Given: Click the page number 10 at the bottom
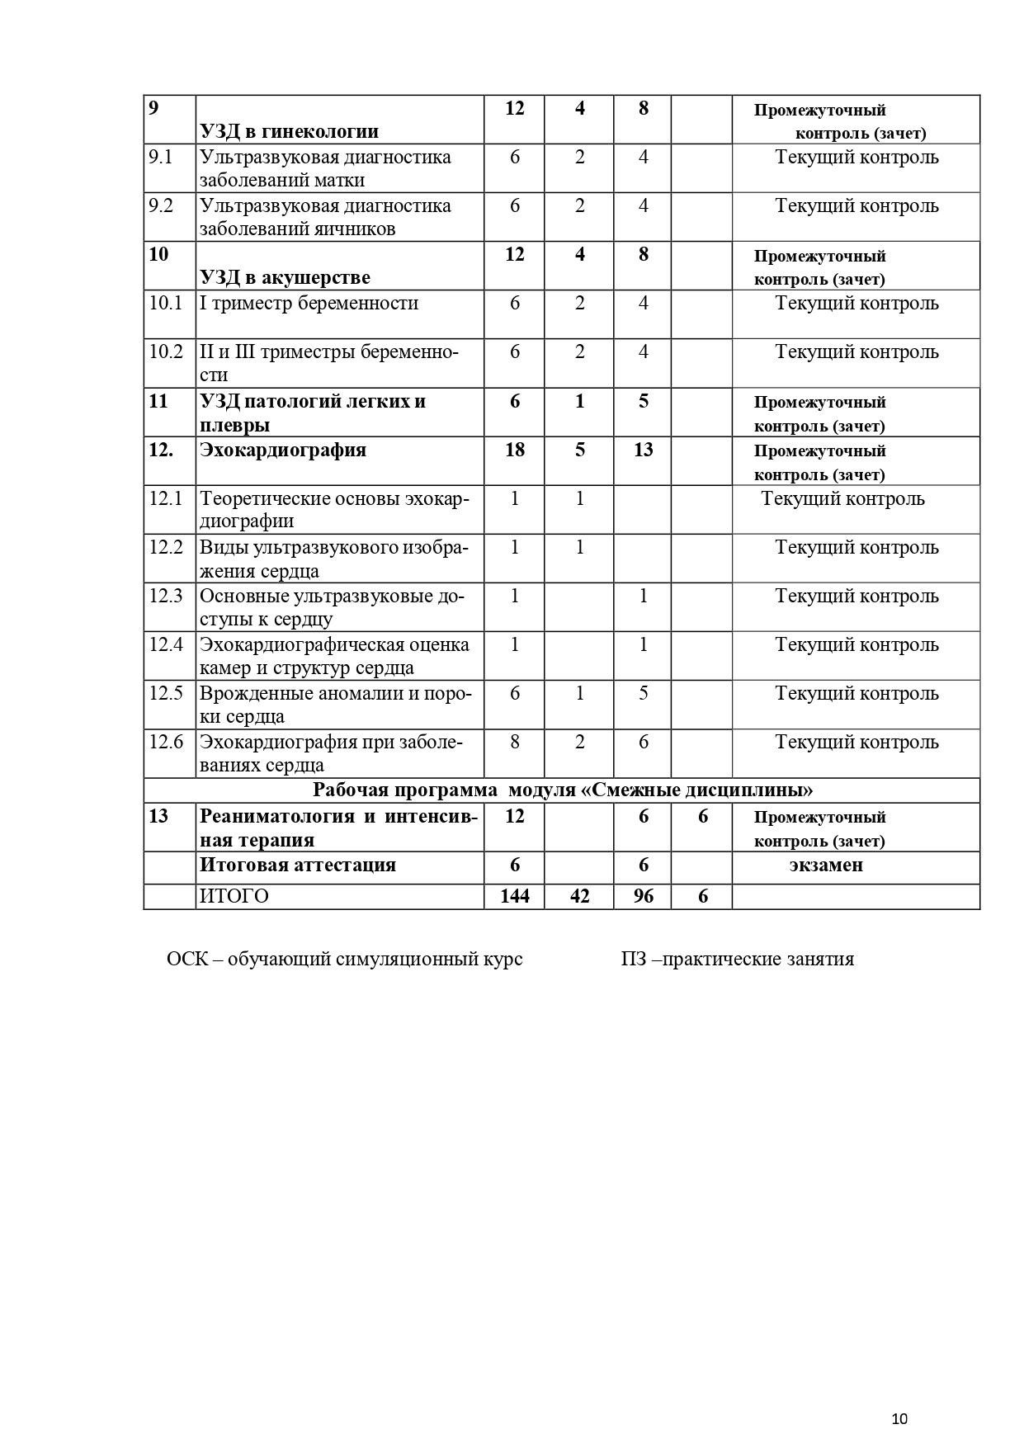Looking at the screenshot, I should click(x=899, y=1418).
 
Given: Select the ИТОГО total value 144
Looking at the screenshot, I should click(x=515, y=896).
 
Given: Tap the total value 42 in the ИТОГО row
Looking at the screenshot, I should click(x=579, y=896).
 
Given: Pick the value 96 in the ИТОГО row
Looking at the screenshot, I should click(x=643, y=896).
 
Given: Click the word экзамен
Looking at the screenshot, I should click(x=826, y=865).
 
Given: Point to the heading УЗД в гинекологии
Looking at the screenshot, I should click(x=289, y=131).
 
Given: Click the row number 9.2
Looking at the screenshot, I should click(x=162, y=205).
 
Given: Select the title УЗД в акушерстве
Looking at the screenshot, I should click(x=285, y=277).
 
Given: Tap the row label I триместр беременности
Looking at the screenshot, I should click(x=309, y=303).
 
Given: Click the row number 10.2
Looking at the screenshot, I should click(x=166, y=351).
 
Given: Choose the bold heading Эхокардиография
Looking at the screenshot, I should click(x=283, y=450).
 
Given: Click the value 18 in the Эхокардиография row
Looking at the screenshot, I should click(x=515, y=450).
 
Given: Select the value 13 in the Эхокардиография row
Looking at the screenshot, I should click(x=643, y=450).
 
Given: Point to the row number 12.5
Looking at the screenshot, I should click(x=166, y=693).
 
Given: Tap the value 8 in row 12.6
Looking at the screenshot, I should click(x=515, y=742).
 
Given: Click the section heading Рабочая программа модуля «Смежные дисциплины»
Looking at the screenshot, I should click(x=563, y=790).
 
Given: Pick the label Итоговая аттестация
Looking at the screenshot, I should click(x=298, y=865).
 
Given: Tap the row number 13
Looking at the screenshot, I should click(x=158, y=816).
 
